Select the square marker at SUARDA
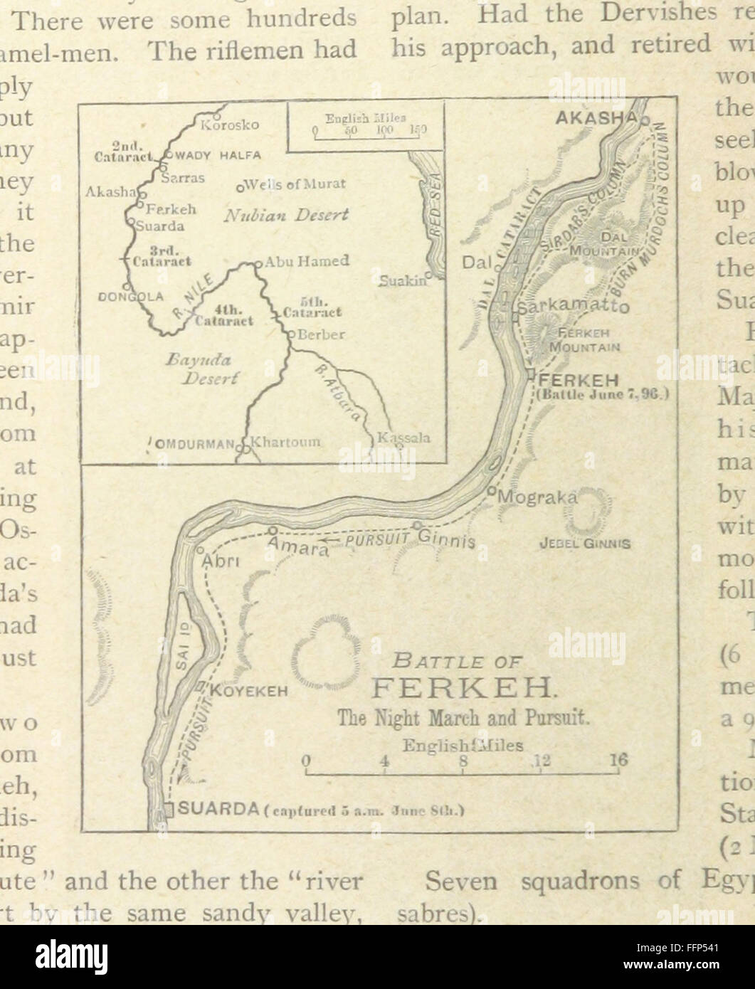[x=169, y=810]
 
